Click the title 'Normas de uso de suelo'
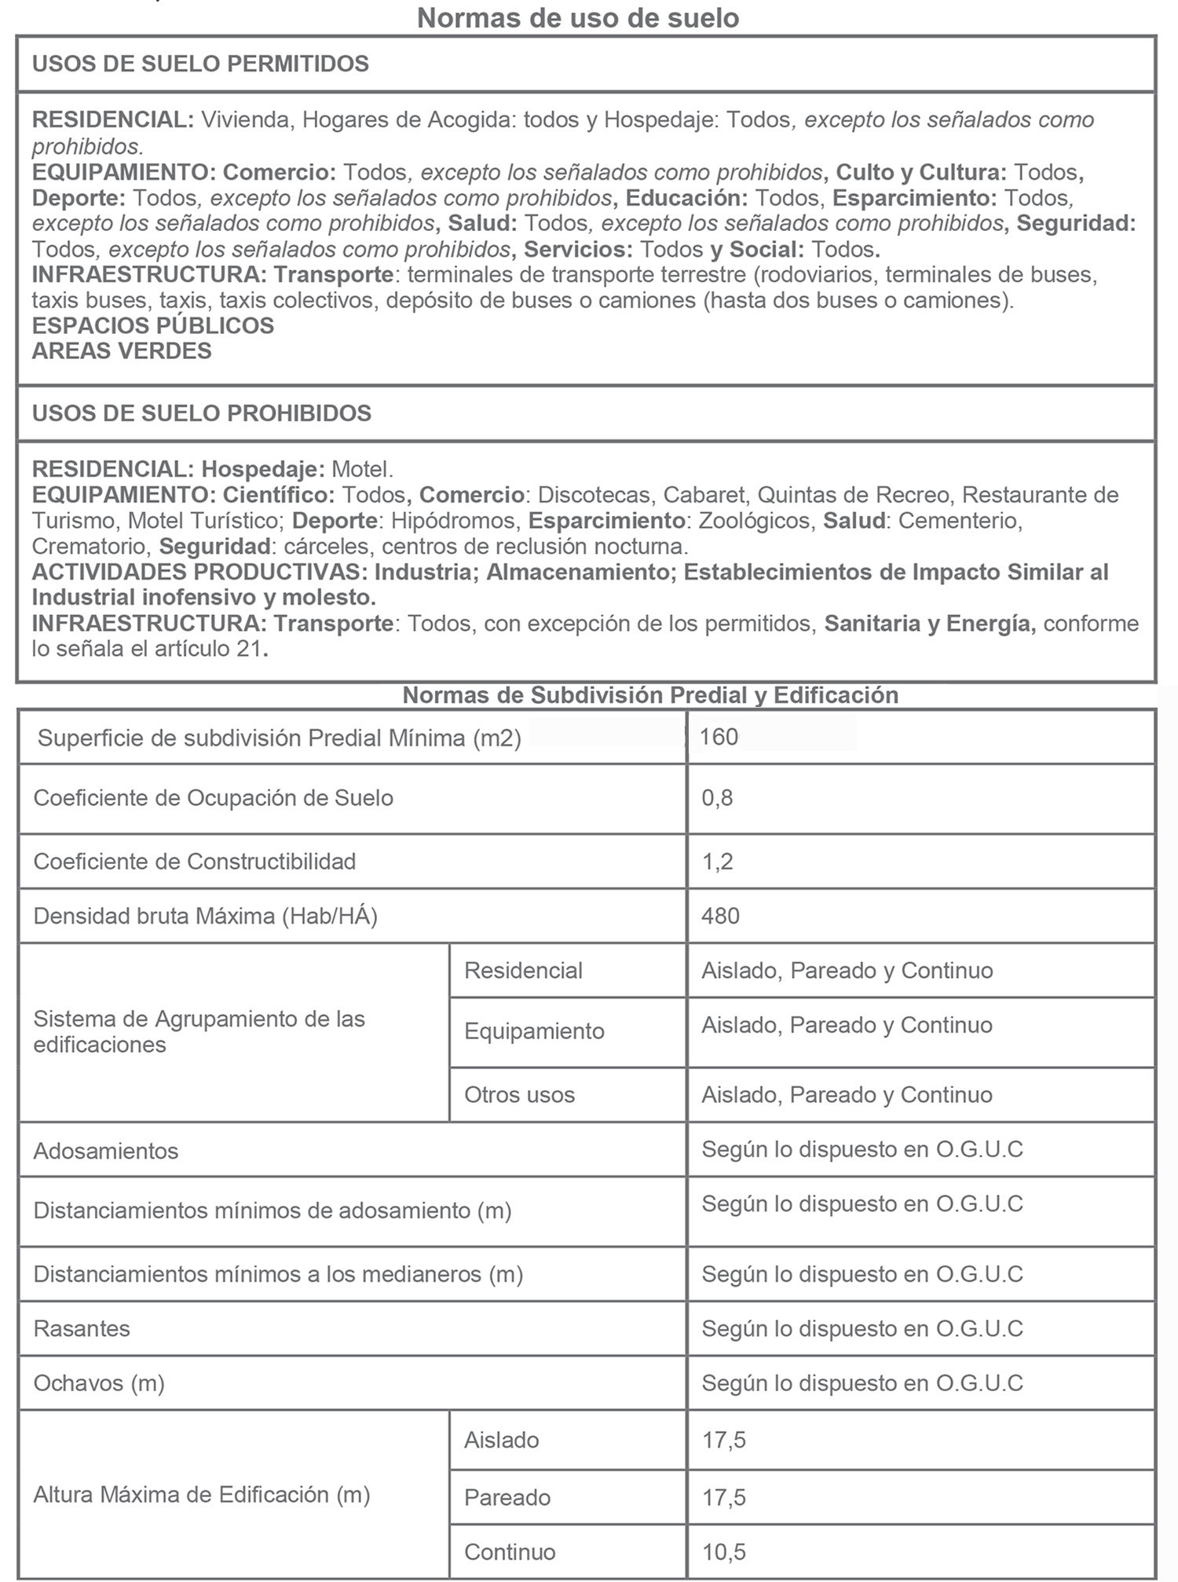point(578,18)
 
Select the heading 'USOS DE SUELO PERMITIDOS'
point(200,64)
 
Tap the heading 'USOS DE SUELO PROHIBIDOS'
point(202,413)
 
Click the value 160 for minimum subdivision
point(719,737)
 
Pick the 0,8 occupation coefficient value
point(717,798)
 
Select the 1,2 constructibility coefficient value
point(717,862)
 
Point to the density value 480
point(720,916)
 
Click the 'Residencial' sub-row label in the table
point(523,971)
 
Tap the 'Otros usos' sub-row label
point(519,1095)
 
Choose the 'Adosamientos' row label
point(106,1152)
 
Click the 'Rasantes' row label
point(82,1329)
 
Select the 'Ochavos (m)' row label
point(99,1383)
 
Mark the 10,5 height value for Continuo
point(723,1552)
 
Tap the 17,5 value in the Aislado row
point(723,1441)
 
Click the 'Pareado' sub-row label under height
point(507,1498)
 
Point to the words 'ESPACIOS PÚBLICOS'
point(153,326)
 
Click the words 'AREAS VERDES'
point(122,351)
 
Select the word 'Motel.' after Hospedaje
point(362,470)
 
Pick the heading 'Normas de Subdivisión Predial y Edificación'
point(650,695)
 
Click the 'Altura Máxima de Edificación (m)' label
point(202,1495)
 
